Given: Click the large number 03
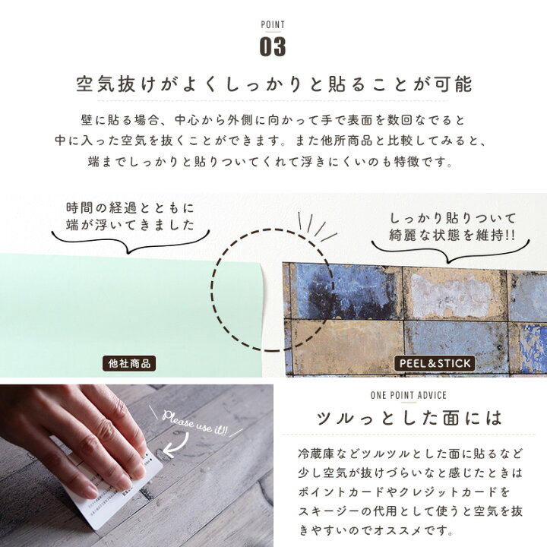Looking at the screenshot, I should [273, 46].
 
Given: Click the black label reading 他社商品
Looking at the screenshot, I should [128, 364].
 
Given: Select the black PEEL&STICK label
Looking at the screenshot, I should [435, 364].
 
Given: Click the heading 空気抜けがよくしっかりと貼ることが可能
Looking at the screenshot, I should [273, 84].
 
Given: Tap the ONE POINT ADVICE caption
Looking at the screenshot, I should [409, 395].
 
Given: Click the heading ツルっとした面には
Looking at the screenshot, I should [409, 418].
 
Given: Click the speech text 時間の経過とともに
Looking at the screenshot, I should [131, 207].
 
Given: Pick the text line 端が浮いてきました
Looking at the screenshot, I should [131, 226].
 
